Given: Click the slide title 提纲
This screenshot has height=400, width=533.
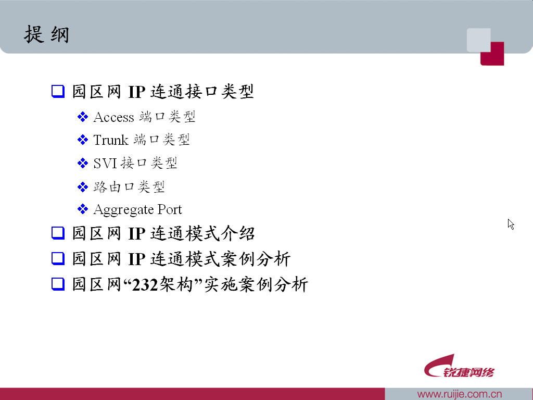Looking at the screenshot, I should point(46,35).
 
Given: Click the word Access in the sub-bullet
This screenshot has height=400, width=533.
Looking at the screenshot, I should point(113,117).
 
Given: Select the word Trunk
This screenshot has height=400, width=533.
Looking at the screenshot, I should point(110,140).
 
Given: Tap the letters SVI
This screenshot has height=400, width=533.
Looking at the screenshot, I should point(105,163).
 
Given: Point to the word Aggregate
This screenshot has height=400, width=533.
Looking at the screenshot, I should point(123,210).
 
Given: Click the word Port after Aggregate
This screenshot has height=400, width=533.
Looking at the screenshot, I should point(170,209).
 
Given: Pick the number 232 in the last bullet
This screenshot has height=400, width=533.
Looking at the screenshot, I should point(145,285).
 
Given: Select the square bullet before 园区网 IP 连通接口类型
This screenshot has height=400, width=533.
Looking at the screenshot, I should point(57,92).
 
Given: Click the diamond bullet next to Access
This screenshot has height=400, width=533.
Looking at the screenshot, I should point(83,117).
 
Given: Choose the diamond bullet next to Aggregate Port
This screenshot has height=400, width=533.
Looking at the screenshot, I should point(83,209).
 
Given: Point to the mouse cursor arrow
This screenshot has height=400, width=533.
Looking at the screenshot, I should point(511,223).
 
